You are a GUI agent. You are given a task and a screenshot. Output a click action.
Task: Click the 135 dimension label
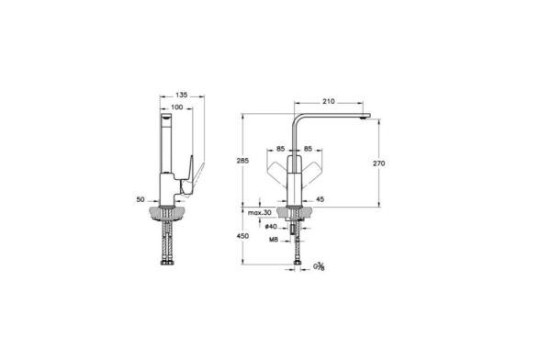click(x=181, y=95)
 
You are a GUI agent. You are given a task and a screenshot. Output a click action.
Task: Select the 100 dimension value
click(x=176, y=107)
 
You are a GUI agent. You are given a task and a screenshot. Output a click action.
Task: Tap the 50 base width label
click(x=141, y=199)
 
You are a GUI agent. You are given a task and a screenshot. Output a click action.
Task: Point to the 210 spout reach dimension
click(x=329, y=102)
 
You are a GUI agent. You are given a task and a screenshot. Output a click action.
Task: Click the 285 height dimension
click(x=242, y=161)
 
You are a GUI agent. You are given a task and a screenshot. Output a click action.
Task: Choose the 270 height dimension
click(x=378, y=163)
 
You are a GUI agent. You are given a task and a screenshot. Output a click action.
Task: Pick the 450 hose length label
click(x=242, y=236)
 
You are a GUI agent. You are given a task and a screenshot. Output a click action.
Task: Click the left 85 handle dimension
click(x=280, y=149)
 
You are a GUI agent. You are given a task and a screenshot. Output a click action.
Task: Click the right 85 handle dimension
click(x=308, y=149)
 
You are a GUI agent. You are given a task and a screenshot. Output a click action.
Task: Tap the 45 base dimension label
click(x=320, y=199)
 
